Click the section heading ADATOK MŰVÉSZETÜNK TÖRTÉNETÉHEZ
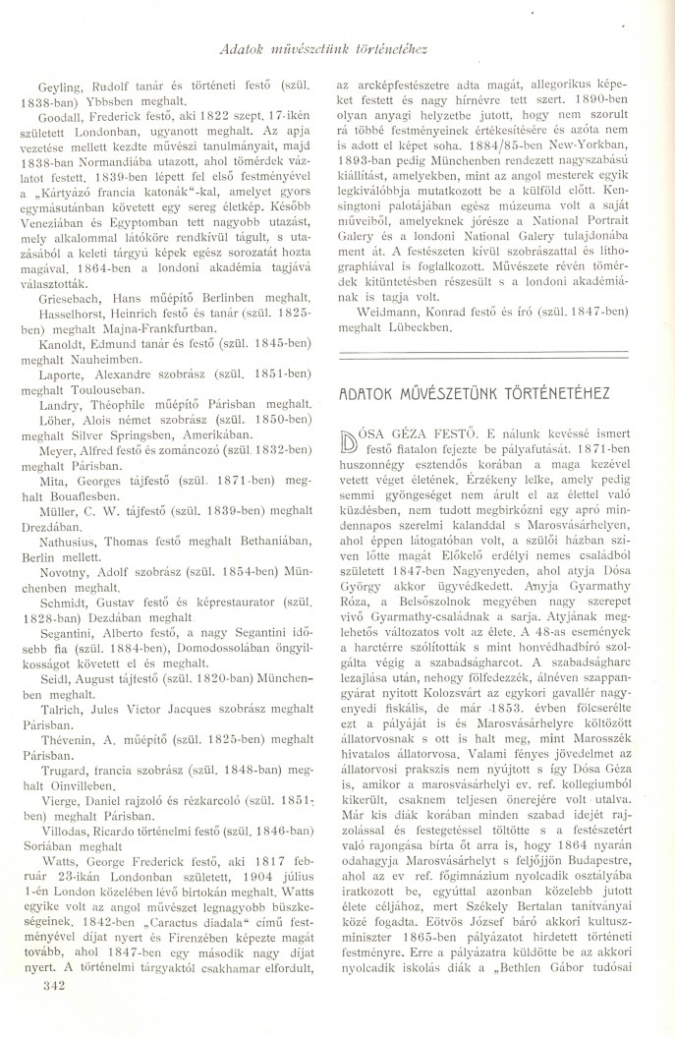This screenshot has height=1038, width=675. point(474,391)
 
